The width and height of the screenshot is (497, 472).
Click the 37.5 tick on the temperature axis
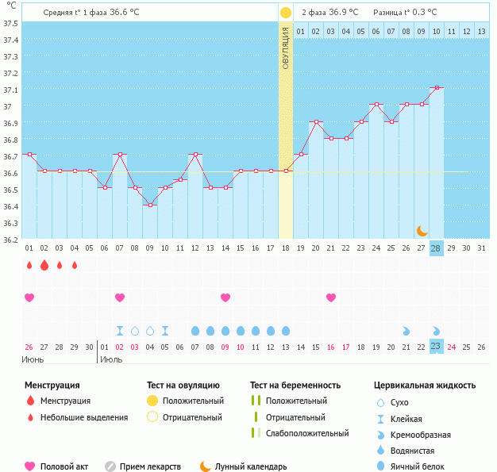tap(10, 23)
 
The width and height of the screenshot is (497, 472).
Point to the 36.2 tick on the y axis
tap(10, 239)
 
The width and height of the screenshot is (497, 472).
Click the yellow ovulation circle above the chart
tap(285, 13)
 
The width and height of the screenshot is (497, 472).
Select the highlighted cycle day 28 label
tap(436, 248)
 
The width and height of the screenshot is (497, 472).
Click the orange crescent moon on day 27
tap(422, 230)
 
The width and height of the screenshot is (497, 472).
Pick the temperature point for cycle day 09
tap(150, 205)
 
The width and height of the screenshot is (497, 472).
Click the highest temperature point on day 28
tap(436, 88)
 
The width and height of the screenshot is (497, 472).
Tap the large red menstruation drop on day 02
tap(44, 265)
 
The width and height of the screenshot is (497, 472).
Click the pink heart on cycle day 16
tap(331, 297)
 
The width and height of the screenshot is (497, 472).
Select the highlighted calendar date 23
tap(436, 347)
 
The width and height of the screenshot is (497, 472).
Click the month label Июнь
tap(33, 359)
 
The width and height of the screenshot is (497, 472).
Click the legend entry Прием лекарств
tap(149, 466)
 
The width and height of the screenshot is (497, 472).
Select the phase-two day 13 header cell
tap(481, 31)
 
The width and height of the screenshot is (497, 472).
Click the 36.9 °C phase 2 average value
tap(344, 13)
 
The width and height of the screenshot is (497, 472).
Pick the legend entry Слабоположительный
tap(306, 433)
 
